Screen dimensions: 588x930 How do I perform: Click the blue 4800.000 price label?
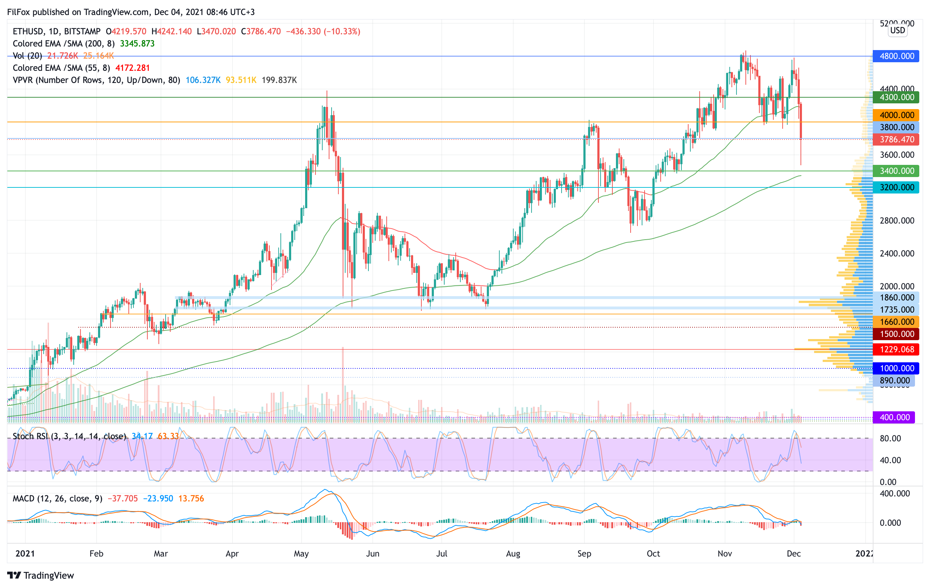pos(896,56)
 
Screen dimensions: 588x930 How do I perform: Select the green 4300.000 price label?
pos(896,97)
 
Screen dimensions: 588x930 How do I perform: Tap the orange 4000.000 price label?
pos(896,115)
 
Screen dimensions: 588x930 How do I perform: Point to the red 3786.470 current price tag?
pos(896,139)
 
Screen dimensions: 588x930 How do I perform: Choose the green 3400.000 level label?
pos(896,171)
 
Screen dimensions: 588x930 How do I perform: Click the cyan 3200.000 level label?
pos(896,188)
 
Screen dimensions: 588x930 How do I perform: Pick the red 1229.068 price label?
pos(896,349)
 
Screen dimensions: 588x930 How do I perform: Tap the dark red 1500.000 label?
pos(896,334)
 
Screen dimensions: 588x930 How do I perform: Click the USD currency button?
pos(897,30)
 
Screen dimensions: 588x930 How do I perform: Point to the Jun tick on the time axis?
pos(372,554)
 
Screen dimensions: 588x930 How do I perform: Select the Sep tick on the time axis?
pos(584,554)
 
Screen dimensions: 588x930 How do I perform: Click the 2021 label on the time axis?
pos(25,554)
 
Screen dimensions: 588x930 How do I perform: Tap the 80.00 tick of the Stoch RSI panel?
pos(890,438)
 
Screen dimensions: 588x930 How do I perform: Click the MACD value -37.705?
pos(122,499)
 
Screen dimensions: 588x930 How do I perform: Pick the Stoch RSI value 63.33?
pos(168,436)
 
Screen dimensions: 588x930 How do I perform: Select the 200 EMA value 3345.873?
pos(137,44)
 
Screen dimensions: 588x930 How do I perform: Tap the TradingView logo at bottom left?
pos(40,575)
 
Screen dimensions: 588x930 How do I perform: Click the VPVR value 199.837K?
pos(279,80)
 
